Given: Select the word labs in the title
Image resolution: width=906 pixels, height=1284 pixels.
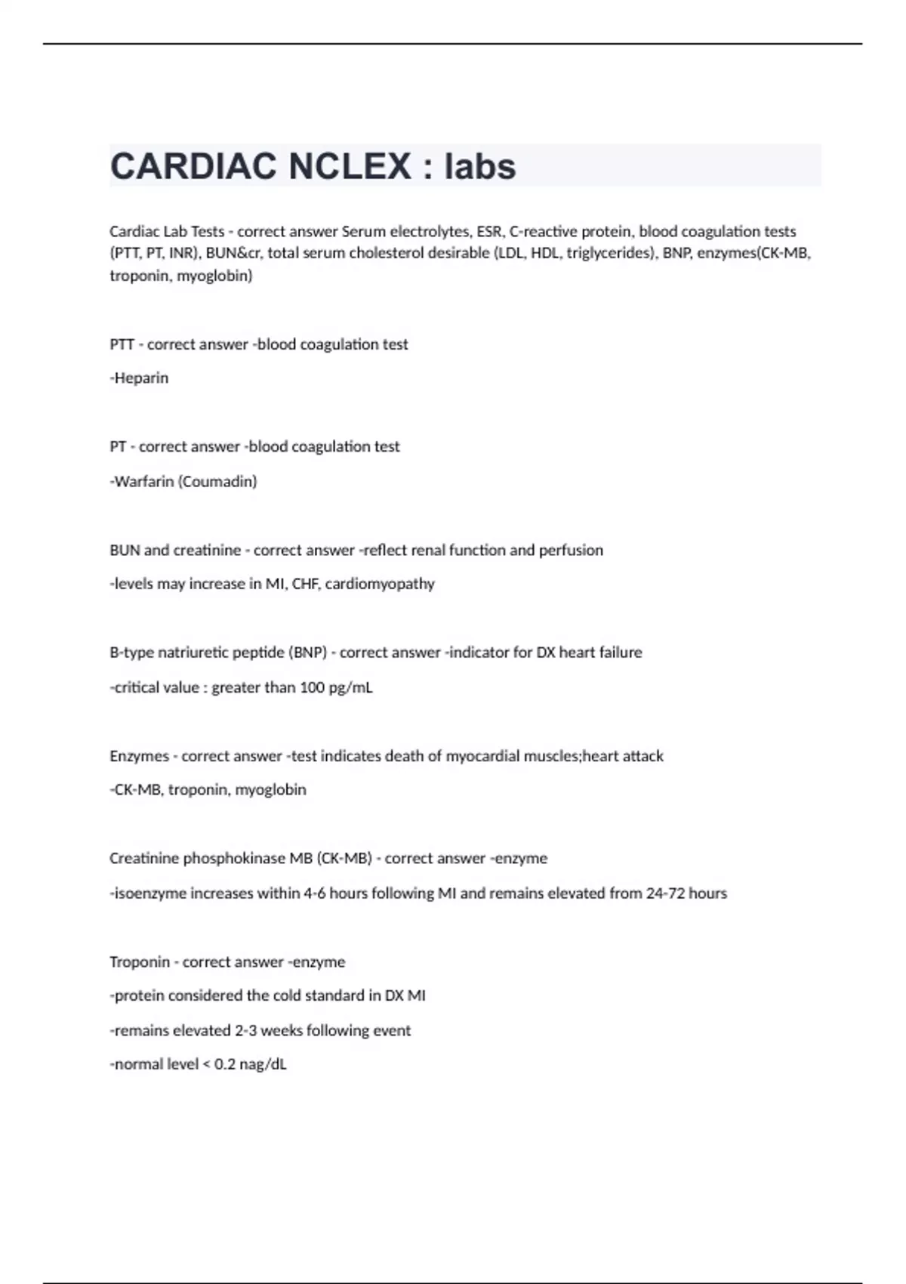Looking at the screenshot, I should pos(480,166).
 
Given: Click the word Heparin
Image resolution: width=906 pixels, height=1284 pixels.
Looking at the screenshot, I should pos(141,378).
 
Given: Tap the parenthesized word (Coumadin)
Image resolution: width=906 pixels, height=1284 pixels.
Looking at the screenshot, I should pos(217,481).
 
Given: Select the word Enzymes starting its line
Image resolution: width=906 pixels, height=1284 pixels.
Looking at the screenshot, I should pos(139,756).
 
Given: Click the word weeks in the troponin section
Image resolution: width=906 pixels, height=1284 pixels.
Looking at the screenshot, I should pos(282,1031).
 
